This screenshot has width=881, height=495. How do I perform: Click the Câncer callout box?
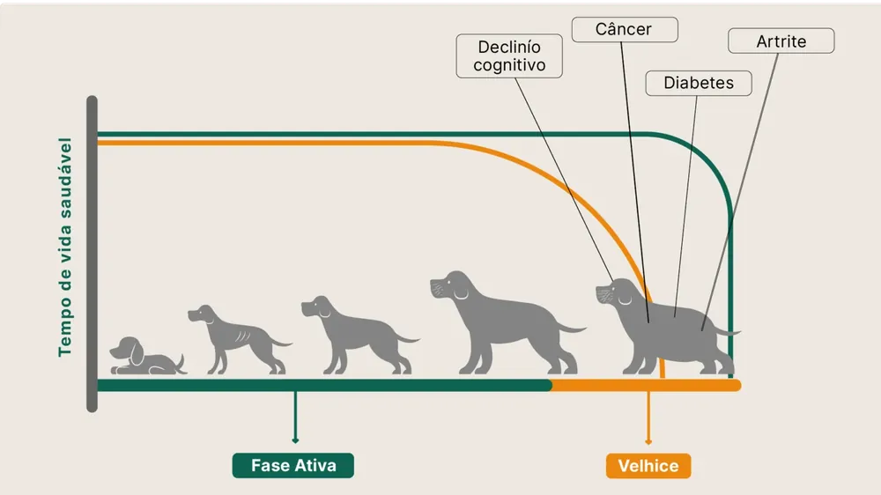[625, 29]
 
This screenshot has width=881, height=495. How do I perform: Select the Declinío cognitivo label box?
[509, 55]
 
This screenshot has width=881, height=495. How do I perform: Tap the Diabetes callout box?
[699, 83]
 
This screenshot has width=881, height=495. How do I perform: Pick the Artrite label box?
[781, 41]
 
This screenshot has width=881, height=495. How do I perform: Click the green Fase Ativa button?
[293, 465]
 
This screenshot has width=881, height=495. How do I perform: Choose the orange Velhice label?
[648, 466]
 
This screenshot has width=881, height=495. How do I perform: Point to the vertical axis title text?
[65, 247]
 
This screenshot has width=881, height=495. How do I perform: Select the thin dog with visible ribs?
[239, 340]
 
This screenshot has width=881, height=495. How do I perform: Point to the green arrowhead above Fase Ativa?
[295, 440]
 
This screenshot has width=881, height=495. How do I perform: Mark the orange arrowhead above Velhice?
[648, 441]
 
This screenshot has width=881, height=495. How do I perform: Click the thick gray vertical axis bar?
[92, 254]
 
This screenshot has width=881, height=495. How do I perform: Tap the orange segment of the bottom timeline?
[646, 385]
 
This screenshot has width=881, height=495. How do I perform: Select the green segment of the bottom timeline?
[324, 385]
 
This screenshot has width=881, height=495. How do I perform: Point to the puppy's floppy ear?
[137, 353]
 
